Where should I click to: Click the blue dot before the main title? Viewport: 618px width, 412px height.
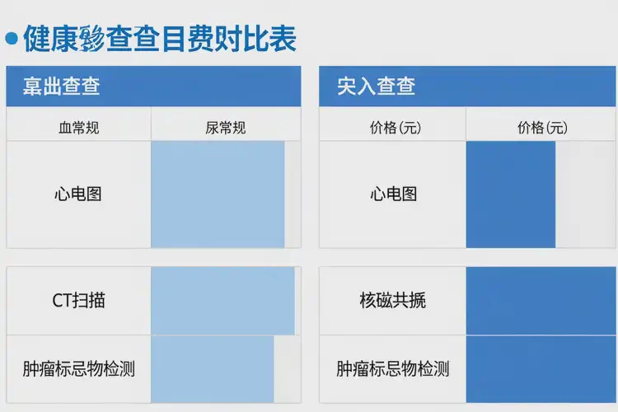(x=12, y=37)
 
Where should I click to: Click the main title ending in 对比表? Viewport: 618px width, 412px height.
(x=160, y=38)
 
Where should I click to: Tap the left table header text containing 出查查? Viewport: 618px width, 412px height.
(x=62, y=86)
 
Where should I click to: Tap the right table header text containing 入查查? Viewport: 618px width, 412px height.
(x=376, y=86)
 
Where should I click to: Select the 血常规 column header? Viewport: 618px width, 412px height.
(x=78, y=128)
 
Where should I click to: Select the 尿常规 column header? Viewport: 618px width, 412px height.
(x=225, y=128)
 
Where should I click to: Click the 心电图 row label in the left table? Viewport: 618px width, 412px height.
(x=78, y=194)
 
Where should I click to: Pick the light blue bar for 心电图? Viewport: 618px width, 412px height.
(x=218, y=194)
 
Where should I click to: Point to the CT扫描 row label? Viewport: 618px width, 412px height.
(x=78, y=301)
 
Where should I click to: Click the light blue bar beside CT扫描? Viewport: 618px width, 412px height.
(x=222, y=301)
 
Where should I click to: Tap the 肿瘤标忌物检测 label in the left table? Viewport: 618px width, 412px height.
(x=78, y=368)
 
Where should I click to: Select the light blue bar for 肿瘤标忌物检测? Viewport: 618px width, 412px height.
(x=212, y=368)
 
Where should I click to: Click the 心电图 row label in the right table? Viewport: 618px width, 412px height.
(x=393, y=194)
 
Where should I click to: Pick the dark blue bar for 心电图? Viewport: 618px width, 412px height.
(x=511, y=194)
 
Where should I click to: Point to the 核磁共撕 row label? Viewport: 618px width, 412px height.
(x=393, y=301)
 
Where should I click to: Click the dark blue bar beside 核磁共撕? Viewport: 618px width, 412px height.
(x=541, y=301)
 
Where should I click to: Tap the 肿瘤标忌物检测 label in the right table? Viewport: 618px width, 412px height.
(x=393, y=368)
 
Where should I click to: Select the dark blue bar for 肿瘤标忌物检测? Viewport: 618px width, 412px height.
(x=541, y=368)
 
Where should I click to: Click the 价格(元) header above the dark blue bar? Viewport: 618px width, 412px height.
(x=542, y=128)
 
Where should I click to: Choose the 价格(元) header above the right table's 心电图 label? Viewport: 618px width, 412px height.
(x=393, y=128)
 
